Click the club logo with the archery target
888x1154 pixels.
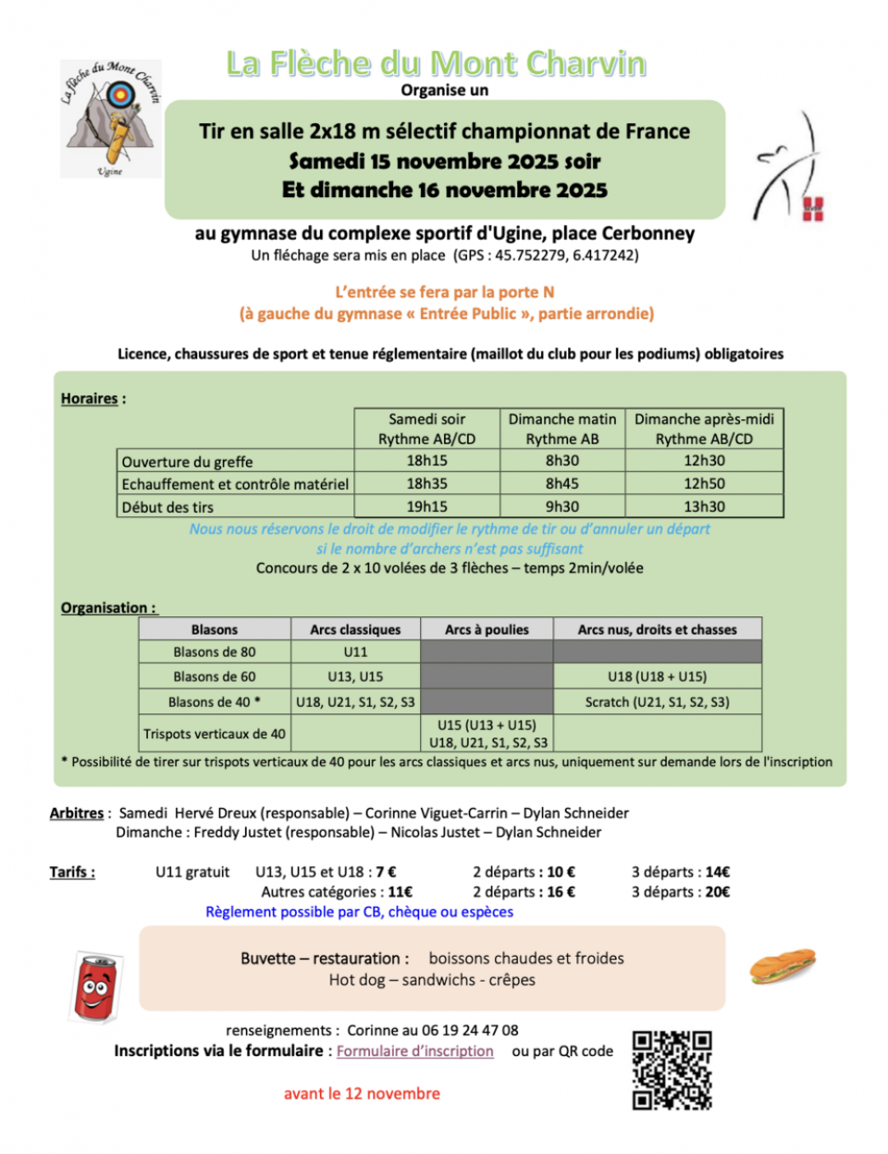(x=110, y=118)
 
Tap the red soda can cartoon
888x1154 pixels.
(x=95, y=986)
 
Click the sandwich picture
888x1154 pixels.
(x=783, y=965)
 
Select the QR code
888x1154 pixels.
(x=672, y=1070)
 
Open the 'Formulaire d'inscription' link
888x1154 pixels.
(x=414, y=1051)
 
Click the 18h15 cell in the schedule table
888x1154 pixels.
(x=426, y=461)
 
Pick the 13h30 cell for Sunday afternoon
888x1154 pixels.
(x=704, y=507)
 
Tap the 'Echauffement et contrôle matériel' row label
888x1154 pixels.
(x=235, y=484)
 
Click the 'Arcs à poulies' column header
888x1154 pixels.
(x=487, y=630)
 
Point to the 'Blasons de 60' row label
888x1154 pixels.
(x=215, y=676)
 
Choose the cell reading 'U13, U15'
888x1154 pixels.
(x=355, y=676)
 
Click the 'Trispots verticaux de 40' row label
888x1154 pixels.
(x=215, y=734)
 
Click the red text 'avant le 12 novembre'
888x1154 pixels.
(x=362, y=1094)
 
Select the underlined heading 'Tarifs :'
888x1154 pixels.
(x=72, y=872)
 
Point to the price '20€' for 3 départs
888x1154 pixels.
(x=717, y=892)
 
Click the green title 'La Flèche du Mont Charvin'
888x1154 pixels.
(x=436, y=63)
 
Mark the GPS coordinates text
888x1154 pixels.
(x=546, y=255)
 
